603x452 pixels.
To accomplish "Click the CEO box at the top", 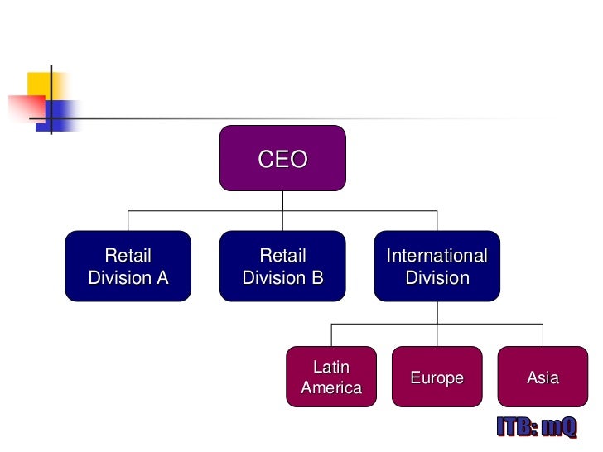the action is pos(282,157).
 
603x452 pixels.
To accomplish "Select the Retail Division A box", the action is pos(128,266).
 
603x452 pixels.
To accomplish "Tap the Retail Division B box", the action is pos(282,266).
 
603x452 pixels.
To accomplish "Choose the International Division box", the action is pos(437,266).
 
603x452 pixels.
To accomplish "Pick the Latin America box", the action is pos(331,377).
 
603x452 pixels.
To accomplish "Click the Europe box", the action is pos(437,377).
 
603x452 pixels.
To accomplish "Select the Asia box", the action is pos(543,377).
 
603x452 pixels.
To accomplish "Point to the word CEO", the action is pos(282,159).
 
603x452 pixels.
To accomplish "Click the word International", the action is pos(437,256).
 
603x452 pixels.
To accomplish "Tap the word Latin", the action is pos(331,367).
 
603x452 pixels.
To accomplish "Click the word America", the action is pos(331,387).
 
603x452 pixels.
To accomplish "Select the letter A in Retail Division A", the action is pos(162,278).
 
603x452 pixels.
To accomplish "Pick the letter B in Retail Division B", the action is pos(316,278).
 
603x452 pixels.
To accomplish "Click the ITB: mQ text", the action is pos(536,427).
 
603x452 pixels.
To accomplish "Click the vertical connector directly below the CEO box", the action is pos(282,200).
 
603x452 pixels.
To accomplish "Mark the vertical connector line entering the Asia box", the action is pos(543,334).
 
